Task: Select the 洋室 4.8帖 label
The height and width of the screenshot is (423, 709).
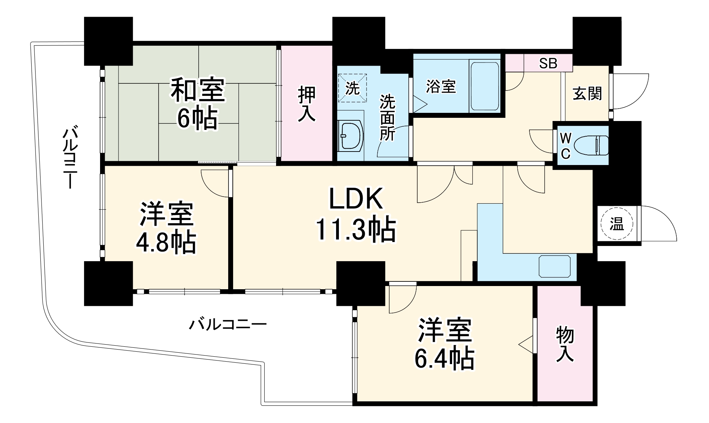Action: (166, 228)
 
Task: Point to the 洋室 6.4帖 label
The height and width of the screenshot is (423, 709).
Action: (445, 344)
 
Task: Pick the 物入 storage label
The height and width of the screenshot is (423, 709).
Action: (565, 344)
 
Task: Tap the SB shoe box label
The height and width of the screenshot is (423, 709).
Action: (548, 63)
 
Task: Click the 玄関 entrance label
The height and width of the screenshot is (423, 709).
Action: (587, 94)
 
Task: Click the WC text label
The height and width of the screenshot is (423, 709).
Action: (566, 145)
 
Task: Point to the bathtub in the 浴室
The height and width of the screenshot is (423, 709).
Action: (484, 87)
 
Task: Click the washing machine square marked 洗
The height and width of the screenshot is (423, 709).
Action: (352, 88)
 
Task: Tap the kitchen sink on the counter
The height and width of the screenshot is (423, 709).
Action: (555, 266)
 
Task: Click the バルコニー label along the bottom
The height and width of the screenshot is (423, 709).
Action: (227, 324)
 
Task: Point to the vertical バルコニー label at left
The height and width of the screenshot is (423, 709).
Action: (70, 158)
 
